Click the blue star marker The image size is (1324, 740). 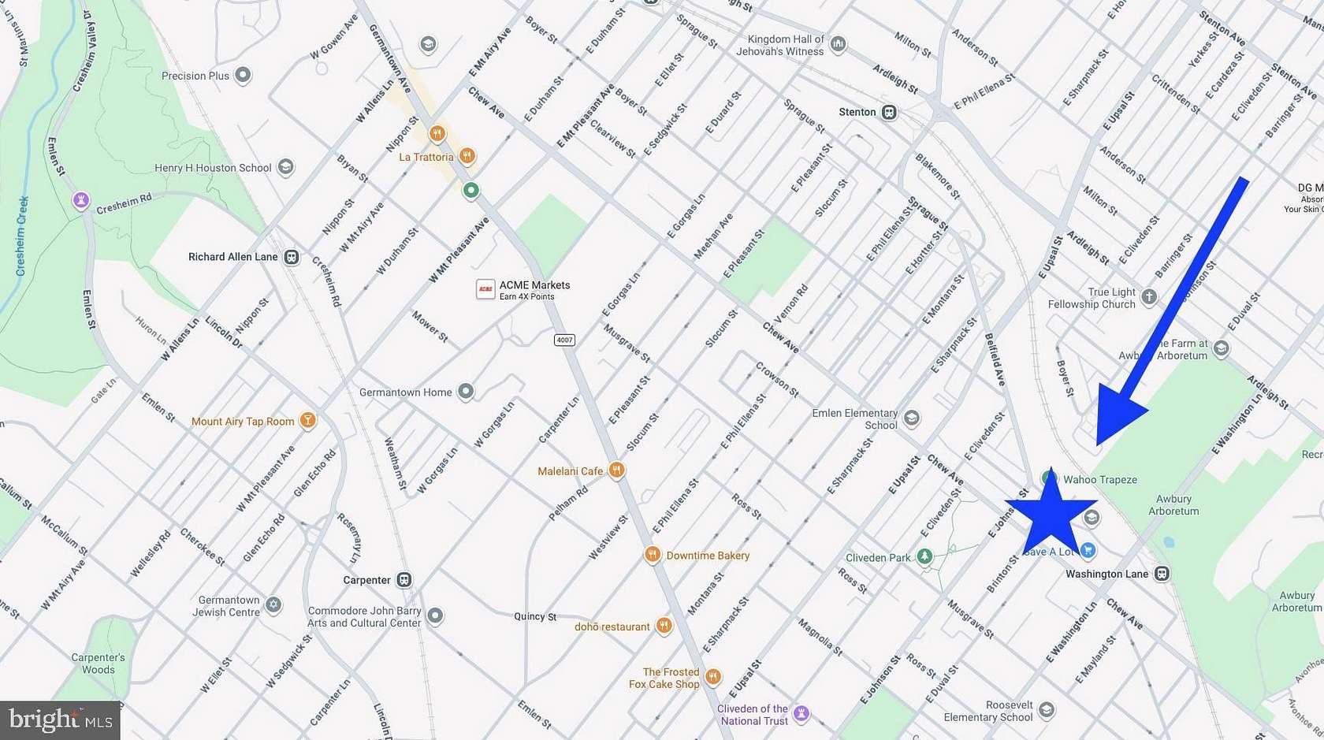coord(1051,513)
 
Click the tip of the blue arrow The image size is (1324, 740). coord(1099,444)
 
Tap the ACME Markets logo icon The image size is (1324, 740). coord(485,289)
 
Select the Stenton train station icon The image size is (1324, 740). coord(889,112)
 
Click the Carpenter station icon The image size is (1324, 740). coord(404,580)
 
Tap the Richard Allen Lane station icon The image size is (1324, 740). coord(292,257)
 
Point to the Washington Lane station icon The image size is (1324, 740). coord(1162,574)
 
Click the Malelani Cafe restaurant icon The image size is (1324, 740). coord(616,471)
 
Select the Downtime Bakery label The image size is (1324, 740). coord(708,556)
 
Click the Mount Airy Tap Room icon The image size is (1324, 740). coord(308,421)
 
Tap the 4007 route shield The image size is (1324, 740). coord(564,340)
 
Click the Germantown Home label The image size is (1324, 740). coord(405,392)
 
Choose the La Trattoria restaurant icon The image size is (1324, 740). coord(467,156)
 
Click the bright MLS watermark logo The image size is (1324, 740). coord(60,720)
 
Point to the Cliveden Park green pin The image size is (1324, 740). coord(924,556)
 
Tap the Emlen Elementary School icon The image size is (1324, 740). coord(912,418)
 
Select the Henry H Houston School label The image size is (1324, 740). coord(213,168)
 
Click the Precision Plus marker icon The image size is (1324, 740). coord(243,76)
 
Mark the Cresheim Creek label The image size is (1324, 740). coord(22,236)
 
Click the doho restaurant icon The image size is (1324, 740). coord(664,627)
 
